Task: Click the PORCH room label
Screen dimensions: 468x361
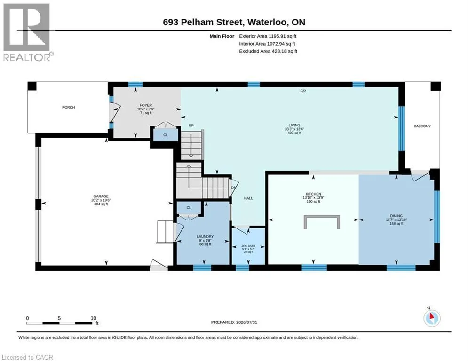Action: (x=68, y=107)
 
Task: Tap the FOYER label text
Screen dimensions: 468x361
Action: (x=146, y=105)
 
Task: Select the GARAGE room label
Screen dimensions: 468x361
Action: (x=101, y=196)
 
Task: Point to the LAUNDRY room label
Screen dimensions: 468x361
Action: (x=205, y=236)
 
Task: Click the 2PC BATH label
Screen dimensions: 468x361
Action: (x=248, y=246)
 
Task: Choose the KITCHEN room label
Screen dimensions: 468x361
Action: (x=313, y=194)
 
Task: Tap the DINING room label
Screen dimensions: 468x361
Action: (x=397, y=216)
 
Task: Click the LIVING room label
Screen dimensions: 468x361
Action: (x=294, y=126)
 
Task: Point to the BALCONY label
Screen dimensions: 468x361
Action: (x=422, y=126)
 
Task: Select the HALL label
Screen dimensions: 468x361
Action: (x=248, y=198)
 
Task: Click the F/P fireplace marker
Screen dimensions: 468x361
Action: (x=303, y=91)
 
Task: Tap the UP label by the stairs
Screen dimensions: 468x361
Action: (x=191, y=126)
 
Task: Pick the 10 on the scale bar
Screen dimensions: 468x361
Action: (x=94, y=318)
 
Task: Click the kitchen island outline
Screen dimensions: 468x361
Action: (x=322, y=217)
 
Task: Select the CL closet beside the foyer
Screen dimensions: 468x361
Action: (x=166, y=135)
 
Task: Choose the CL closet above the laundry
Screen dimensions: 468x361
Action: (x=189, y=208)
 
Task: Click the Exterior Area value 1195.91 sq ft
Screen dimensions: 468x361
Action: (x=282, y=36)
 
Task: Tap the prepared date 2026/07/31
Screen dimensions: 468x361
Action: (x=246, y=322)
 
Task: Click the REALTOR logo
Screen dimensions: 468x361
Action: (x=27, y=32)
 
